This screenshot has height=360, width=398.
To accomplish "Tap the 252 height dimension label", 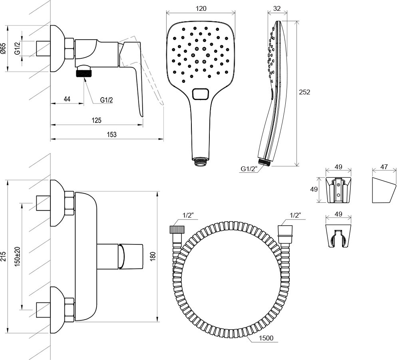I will tap(305, 92).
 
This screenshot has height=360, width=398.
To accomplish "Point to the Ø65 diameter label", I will tap(3, 49).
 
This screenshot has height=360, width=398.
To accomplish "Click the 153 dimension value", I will tap(112, 134).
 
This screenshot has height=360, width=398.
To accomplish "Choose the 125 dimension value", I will tap(96, 120).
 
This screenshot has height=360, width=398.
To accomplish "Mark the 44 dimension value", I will tap(67, 99).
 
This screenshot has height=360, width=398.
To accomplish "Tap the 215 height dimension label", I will tap(3, 256).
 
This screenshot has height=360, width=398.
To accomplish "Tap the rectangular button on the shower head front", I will tap(200, 94).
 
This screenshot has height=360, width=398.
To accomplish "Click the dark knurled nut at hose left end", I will tap(176, 230).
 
